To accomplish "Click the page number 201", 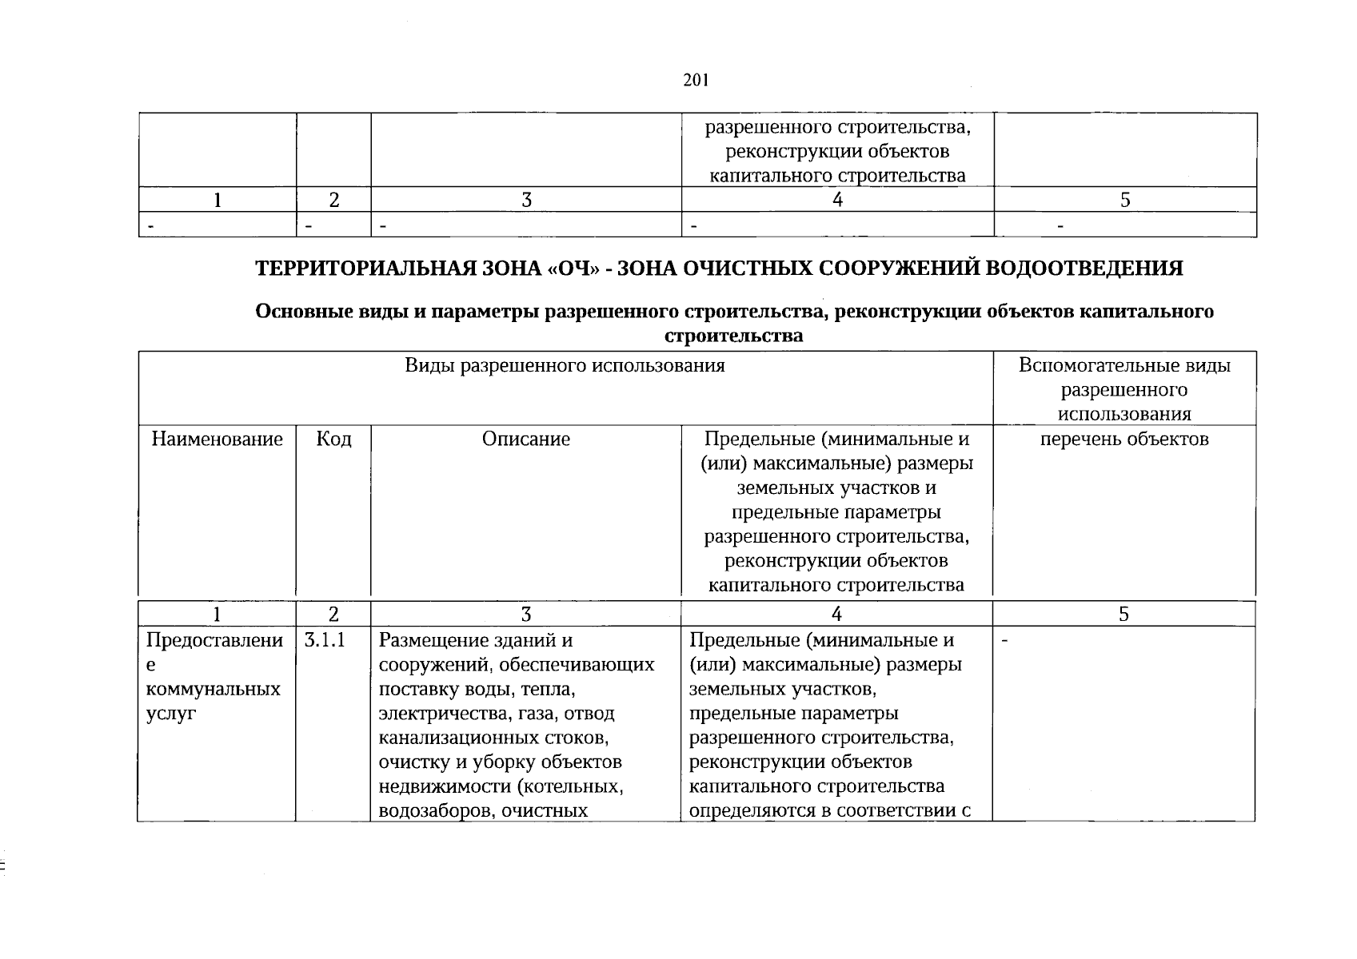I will pyautogui.click(x=696, y=80).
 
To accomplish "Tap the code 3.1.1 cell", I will pyautogui.click(x=325, y=640).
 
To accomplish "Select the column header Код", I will pyautogui.click(x=333, y=439).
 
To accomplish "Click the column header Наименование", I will pyautogui.click(x=218, y=439).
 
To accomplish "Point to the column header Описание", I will pyautogui.click(x=526, y=439).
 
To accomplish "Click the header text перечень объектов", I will pyautogui.click(x=1124, y=439).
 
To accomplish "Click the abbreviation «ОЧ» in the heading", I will pyautogui.click(x=569, y=269).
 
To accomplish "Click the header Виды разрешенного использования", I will pyautogui.click(x=565, y=366).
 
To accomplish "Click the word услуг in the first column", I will pyautogui.click(x=171, y=714).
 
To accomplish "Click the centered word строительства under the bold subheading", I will pyautogui.click(x=734, y=336).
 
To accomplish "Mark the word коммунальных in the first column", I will pyautogui.click(x=214, y=689).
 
